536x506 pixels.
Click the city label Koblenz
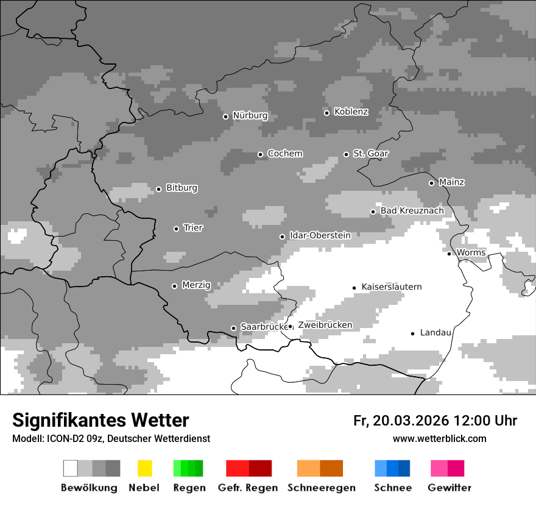pos(351,112)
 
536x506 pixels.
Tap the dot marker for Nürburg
pos(225,116)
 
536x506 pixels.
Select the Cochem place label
pos(284,154)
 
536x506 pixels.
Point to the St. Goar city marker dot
pos(346,154)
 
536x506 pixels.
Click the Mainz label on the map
pos(451,182)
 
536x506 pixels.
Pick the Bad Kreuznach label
pos(412,211)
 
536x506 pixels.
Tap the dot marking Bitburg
pos(158,189)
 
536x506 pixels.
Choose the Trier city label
pos(193,228)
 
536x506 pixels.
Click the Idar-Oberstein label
pos(320,235)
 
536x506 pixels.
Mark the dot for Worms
pos(449,254)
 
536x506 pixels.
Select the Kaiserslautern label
pos(391,287)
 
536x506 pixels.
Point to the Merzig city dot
pos(174,286)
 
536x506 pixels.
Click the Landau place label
pos(435,333)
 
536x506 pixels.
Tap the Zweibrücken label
pos(325,325)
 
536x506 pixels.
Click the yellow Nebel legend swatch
pos(144,468)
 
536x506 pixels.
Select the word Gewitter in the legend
pos(450,488)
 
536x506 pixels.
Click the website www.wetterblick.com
pos(439,439)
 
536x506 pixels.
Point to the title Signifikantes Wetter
pos(100,420)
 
